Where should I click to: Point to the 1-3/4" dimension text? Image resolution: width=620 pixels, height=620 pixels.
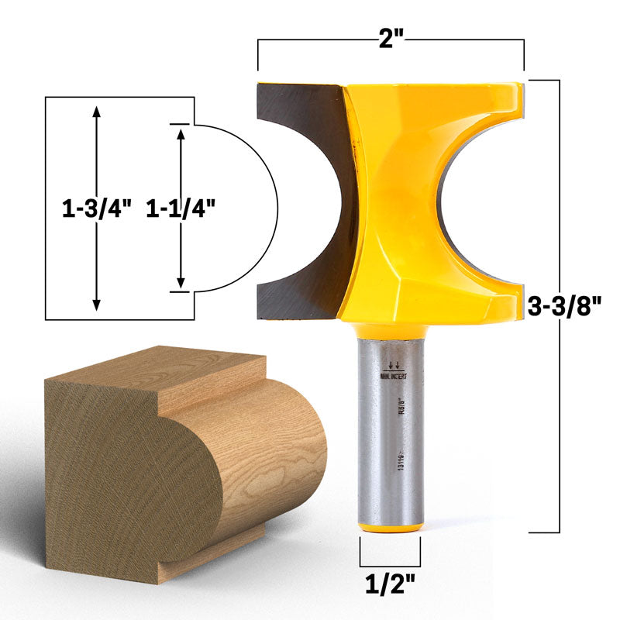96,208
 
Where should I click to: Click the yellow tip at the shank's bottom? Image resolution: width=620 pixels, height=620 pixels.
391,527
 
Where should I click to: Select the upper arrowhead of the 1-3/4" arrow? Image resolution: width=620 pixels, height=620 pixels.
96,110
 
